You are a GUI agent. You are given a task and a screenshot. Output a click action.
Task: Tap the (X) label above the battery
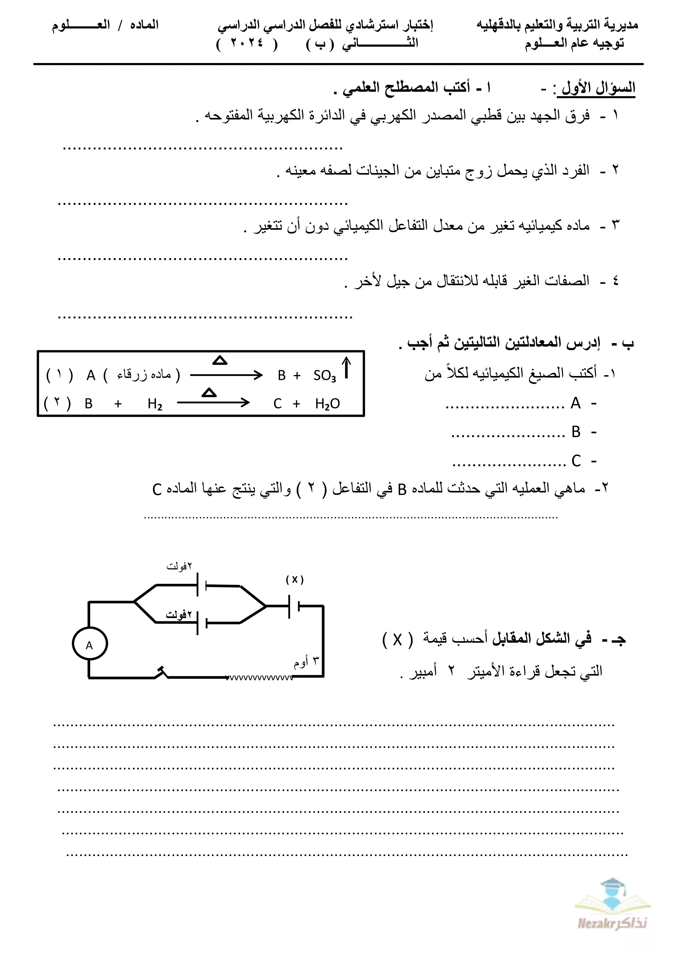click(295, 579)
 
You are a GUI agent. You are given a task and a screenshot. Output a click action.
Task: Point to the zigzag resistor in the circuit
click(260, 678)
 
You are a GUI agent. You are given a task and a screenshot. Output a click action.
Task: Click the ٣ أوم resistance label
click(306, 662)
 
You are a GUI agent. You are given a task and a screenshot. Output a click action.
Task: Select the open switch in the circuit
click(161, 673)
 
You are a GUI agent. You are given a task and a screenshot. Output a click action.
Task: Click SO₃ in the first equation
click(325, 376)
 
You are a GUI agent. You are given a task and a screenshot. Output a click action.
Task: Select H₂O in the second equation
click(327, 403)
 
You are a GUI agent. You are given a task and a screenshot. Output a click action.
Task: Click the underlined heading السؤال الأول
click(596, 88)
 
